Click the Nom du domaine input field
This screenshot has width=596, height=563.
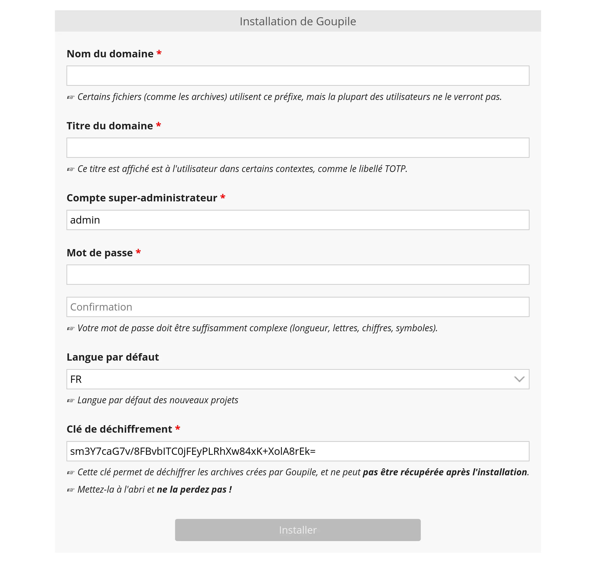(298, 76)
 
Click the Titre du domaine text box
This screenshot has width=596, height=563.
(298, 148)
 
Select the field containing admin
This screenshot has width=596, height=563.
(298, 220)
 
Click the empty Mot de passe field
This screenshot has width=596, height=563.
(298, 275)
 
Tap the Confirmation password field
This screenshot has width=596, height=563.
(298, 307)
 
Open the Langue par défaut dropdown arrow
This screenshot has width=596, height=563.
(519, 379)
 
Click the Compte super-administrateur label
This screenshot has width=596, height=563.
(142, 198)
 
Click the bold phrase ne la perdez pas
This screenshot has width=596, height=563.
(194, 490)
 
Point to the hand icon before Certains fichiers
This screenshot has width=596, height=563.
(71, 97)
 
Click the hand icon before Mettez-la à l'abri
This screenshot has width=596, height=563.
(71, 490)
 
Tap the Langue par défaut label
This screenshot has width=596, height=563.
(113, 357)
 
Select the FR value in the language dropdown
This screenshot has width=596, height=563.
(76, 379)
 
